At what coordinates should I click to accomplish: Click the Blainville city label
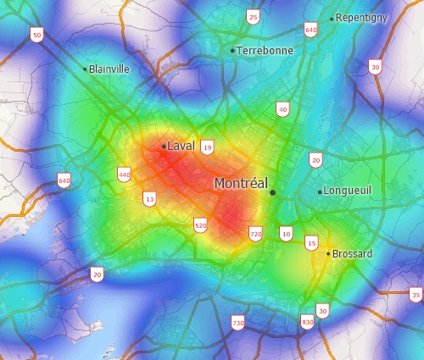click(x=109, y=69)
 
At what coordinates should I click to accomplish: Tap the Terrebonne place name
click(x=265, y=51)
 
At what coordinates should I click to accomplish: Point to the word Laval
click(x=181, y=146)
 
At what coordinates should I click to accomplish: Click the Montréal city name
click(x=241, y=183)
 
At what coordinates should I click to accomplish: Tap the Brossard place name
click(x=352, y=254)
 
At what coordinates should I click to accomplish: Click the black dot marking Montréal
click(x=273, y=193)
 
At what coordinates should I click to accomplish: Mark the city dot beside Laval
click(x=164, y=147)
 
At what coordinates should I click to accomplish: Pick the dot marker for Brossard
click(x=328, y=253)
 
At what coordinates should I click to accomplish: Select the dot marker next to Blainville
click(x=85, y=69)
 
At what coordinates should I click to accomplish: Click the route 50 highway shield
click(x=36, y=34)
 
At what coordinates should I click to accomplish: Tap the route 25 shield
click(x=253, y=17)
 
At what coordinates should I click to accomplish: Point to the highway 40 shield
click(x=282, y=109)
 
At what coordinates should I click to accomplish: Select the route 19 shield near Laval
click(x=207, y=147)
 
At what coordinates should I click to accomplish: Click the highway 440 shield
click(x=125, y=174)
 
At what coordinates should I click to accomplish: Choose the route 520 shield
click(x=200, y=225)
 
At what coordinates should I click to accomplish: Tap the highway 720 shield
click(x=255, y=233)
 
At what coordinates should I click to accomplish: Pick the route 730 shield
click(x=237, y=323)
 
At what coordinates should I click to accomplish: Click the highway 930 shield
click(x=306, y=322)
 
